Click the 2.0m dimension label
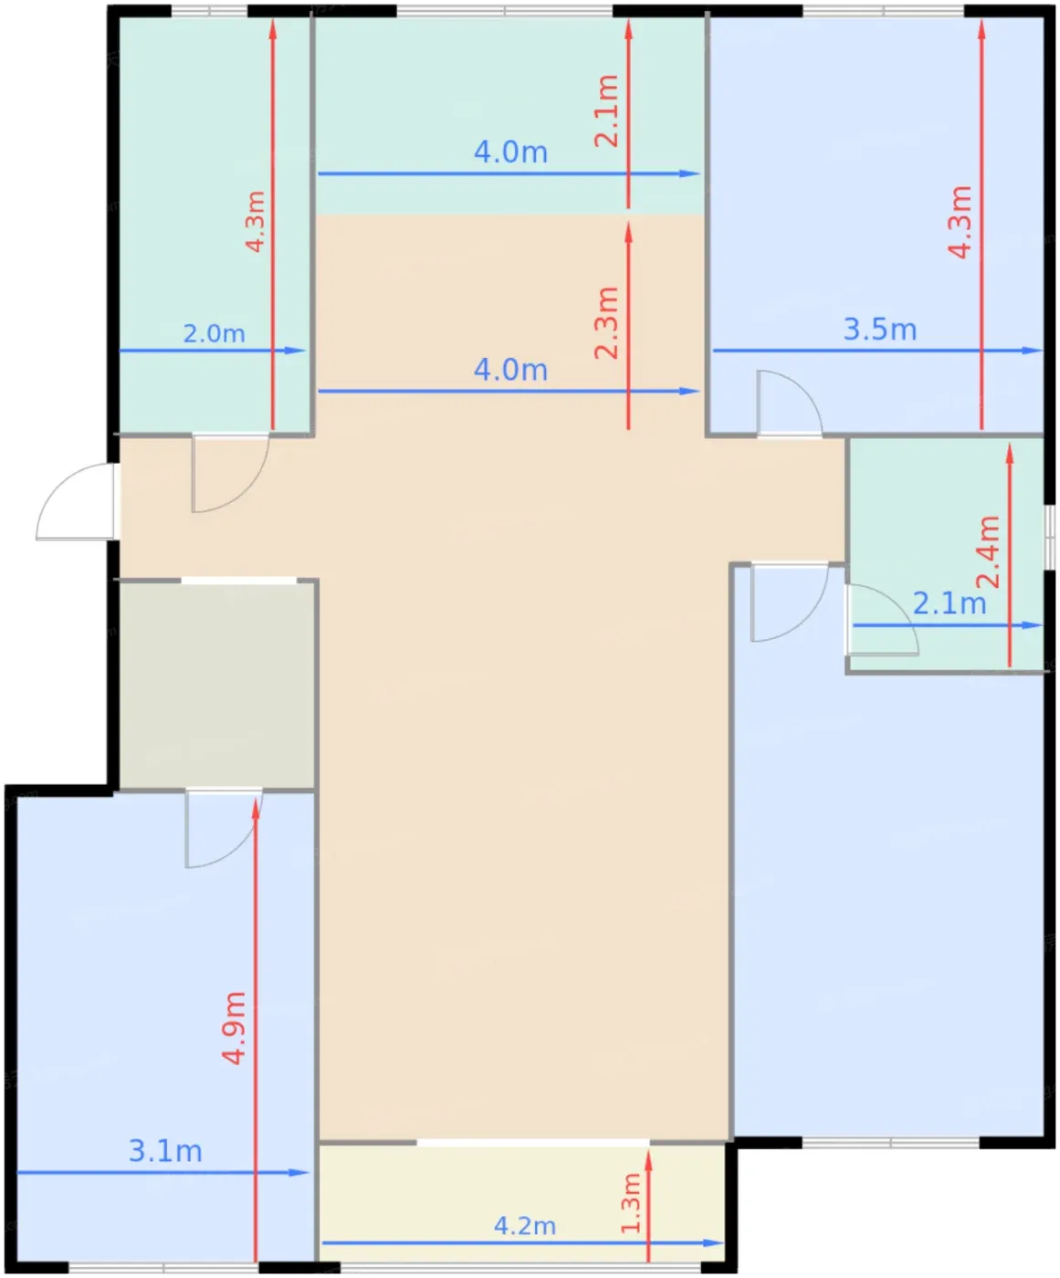[x=215, y=333]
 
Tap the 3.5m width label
[x=880, y=330]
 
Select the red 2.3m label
[x=607, y=322]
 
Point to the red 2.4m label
[x=988, y=551]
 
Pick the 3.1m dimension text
[x=165, y=1151]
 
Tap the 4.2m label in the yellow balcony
[x=525, y=1226]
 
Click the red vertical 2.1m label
[x=607, y=110]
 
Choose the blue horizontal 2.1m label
[x=950, y=604]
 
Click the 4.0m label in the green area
[x=510, y=152]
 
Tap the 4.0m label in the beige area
[x=510, y=371]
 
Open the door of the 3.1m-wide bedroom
[x=224, y=828]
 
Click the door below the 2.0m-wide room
[x=230, y=473]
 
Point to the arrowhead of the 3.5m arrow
[x=1033, y=351]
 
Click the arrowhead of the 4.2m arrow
[x=714, y=1243]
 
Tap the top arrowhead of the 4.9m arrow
[x=256, y=809]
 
